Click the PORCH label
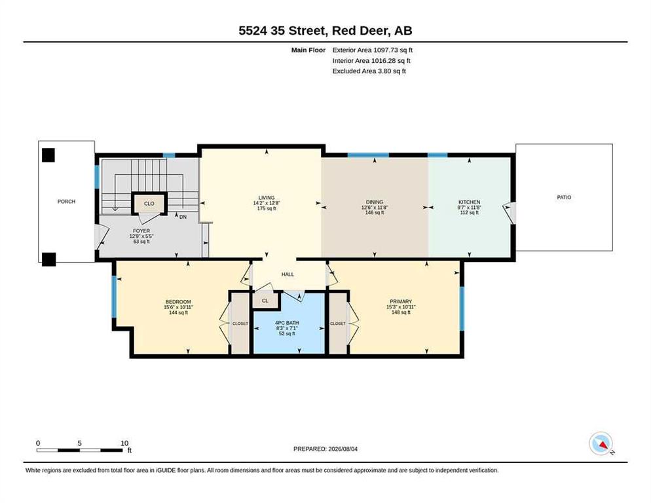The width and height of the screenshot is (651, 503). tap(66, 202)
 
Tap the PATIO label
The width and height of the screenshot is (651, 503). tap(564, 197)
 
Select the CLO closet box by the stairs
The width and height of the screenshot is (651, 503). tap(149, 203)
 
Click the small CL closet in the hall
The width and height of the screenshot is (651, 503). tap(265, 301)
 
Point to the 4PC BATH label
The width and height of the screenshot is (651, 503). tap(287, 323)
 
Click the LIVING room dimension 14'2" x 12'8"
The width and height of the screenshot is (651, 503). tap(267, 203)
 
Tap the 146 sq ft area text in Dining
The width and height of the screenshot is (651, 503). tap(375, 213)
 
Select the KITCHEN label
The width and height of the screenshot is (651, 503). tap(469, 202)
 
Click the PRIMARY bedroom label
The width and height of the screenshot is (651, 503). tap(401, 301)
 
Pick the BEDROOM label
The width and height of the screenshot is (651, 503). tap(178, 302)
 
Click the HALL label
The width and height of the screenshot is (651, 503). tap(288, 274)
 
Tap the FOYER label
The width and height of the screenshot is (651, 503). tap(141, 231)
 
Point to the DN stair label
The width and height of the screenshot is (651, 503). tap(183, 217)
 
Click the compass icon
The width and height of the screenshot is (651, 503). tap(601, 443)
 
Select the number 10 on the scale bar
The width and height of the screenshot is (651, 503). tap(124, 443)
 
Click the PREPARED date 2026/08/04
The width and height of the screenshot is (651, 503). tap(343, 449)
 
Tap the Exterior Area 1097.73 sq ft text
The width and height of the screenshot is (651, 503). tap(373, 50)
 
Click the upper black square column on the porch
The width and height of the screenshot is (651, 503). tap(48, 155)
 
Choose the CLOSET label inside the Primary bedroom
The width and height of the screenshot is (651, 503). tap(337, 324)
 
